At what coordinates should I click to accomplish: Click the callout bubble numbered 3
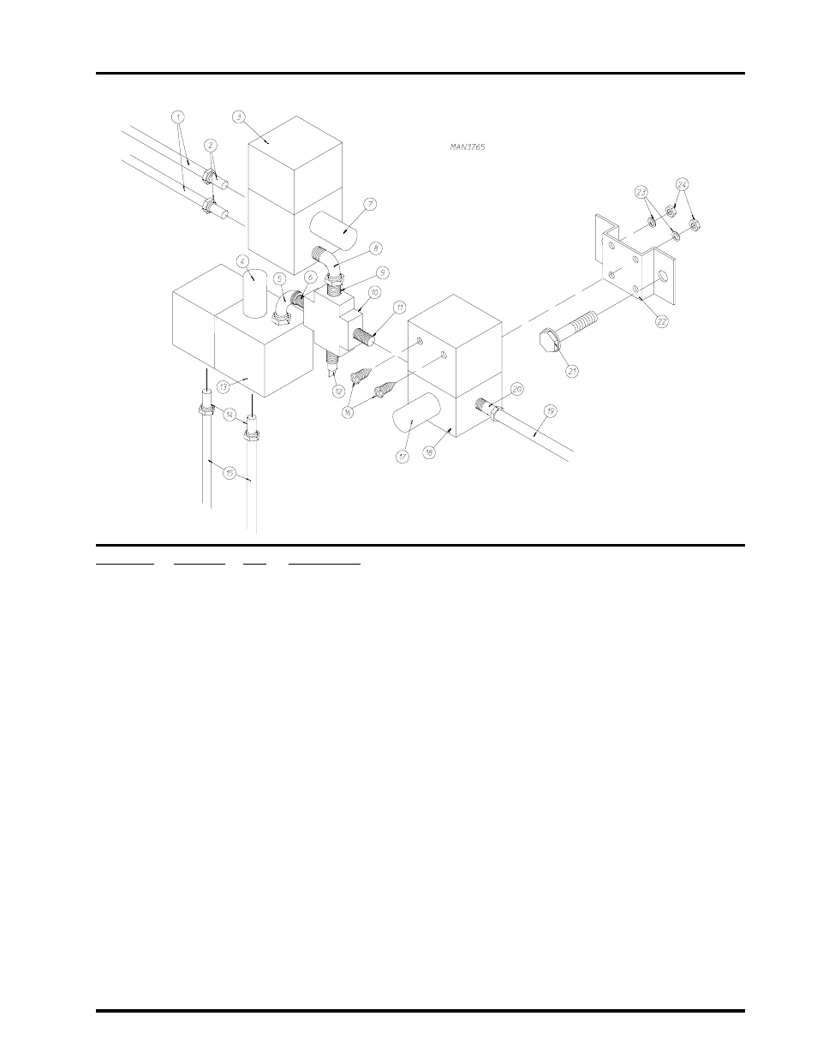coord(239,115)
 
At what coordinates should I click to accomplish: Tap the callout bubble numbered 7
coord(369,204)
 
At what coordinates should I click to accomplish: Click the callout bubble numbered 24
coord(683,183)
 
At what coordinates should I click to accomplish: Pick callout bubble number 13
coord(223,386)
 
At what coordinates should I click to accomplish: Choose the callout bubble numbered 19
coord(551,410)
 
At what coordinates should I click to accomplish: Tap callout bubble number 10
coord(375,291)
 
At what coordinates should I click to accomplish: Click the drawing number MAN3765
coord(468,147)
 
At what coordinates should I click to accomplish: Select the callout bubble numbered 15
coord(230,472)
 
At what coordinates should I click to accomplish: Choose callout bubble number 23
coord(641,193)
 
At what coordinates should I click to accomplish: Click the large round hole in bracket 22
coord(662,277)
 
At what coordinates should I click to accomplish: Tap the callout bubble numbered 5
coord(279,278)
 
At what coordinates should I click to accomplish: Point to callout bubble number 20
coord(517,388)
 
